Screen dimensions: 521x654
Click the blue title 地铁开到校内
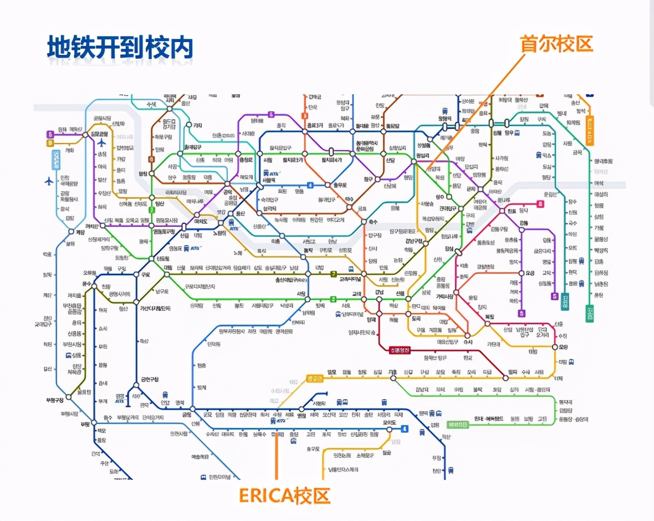[x=120, y=48]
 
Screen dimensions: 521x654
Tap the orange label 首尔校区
[x=556, y=44]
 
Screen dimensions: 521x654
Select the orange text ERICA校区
[x=284, y=495]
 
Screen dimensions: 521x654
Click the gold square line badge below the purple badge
[x=50, y=143]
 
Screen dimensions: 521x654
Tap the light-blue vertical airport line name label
[x=56, y=160]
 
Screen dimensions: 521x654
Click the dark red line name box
[x=401, y=350]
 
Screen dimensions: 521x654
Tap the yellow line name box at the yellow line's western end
[x=314, y=379]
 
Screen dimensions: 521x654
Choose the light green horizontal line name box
[x=458, y=425]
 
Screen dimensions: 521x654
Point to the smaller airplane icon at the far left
[x=49, y=181]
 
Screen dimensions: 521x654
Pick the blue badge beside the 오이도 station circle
[x=405, y=428]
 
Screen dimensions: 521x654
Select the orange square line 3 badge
[x=304, y=116]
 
